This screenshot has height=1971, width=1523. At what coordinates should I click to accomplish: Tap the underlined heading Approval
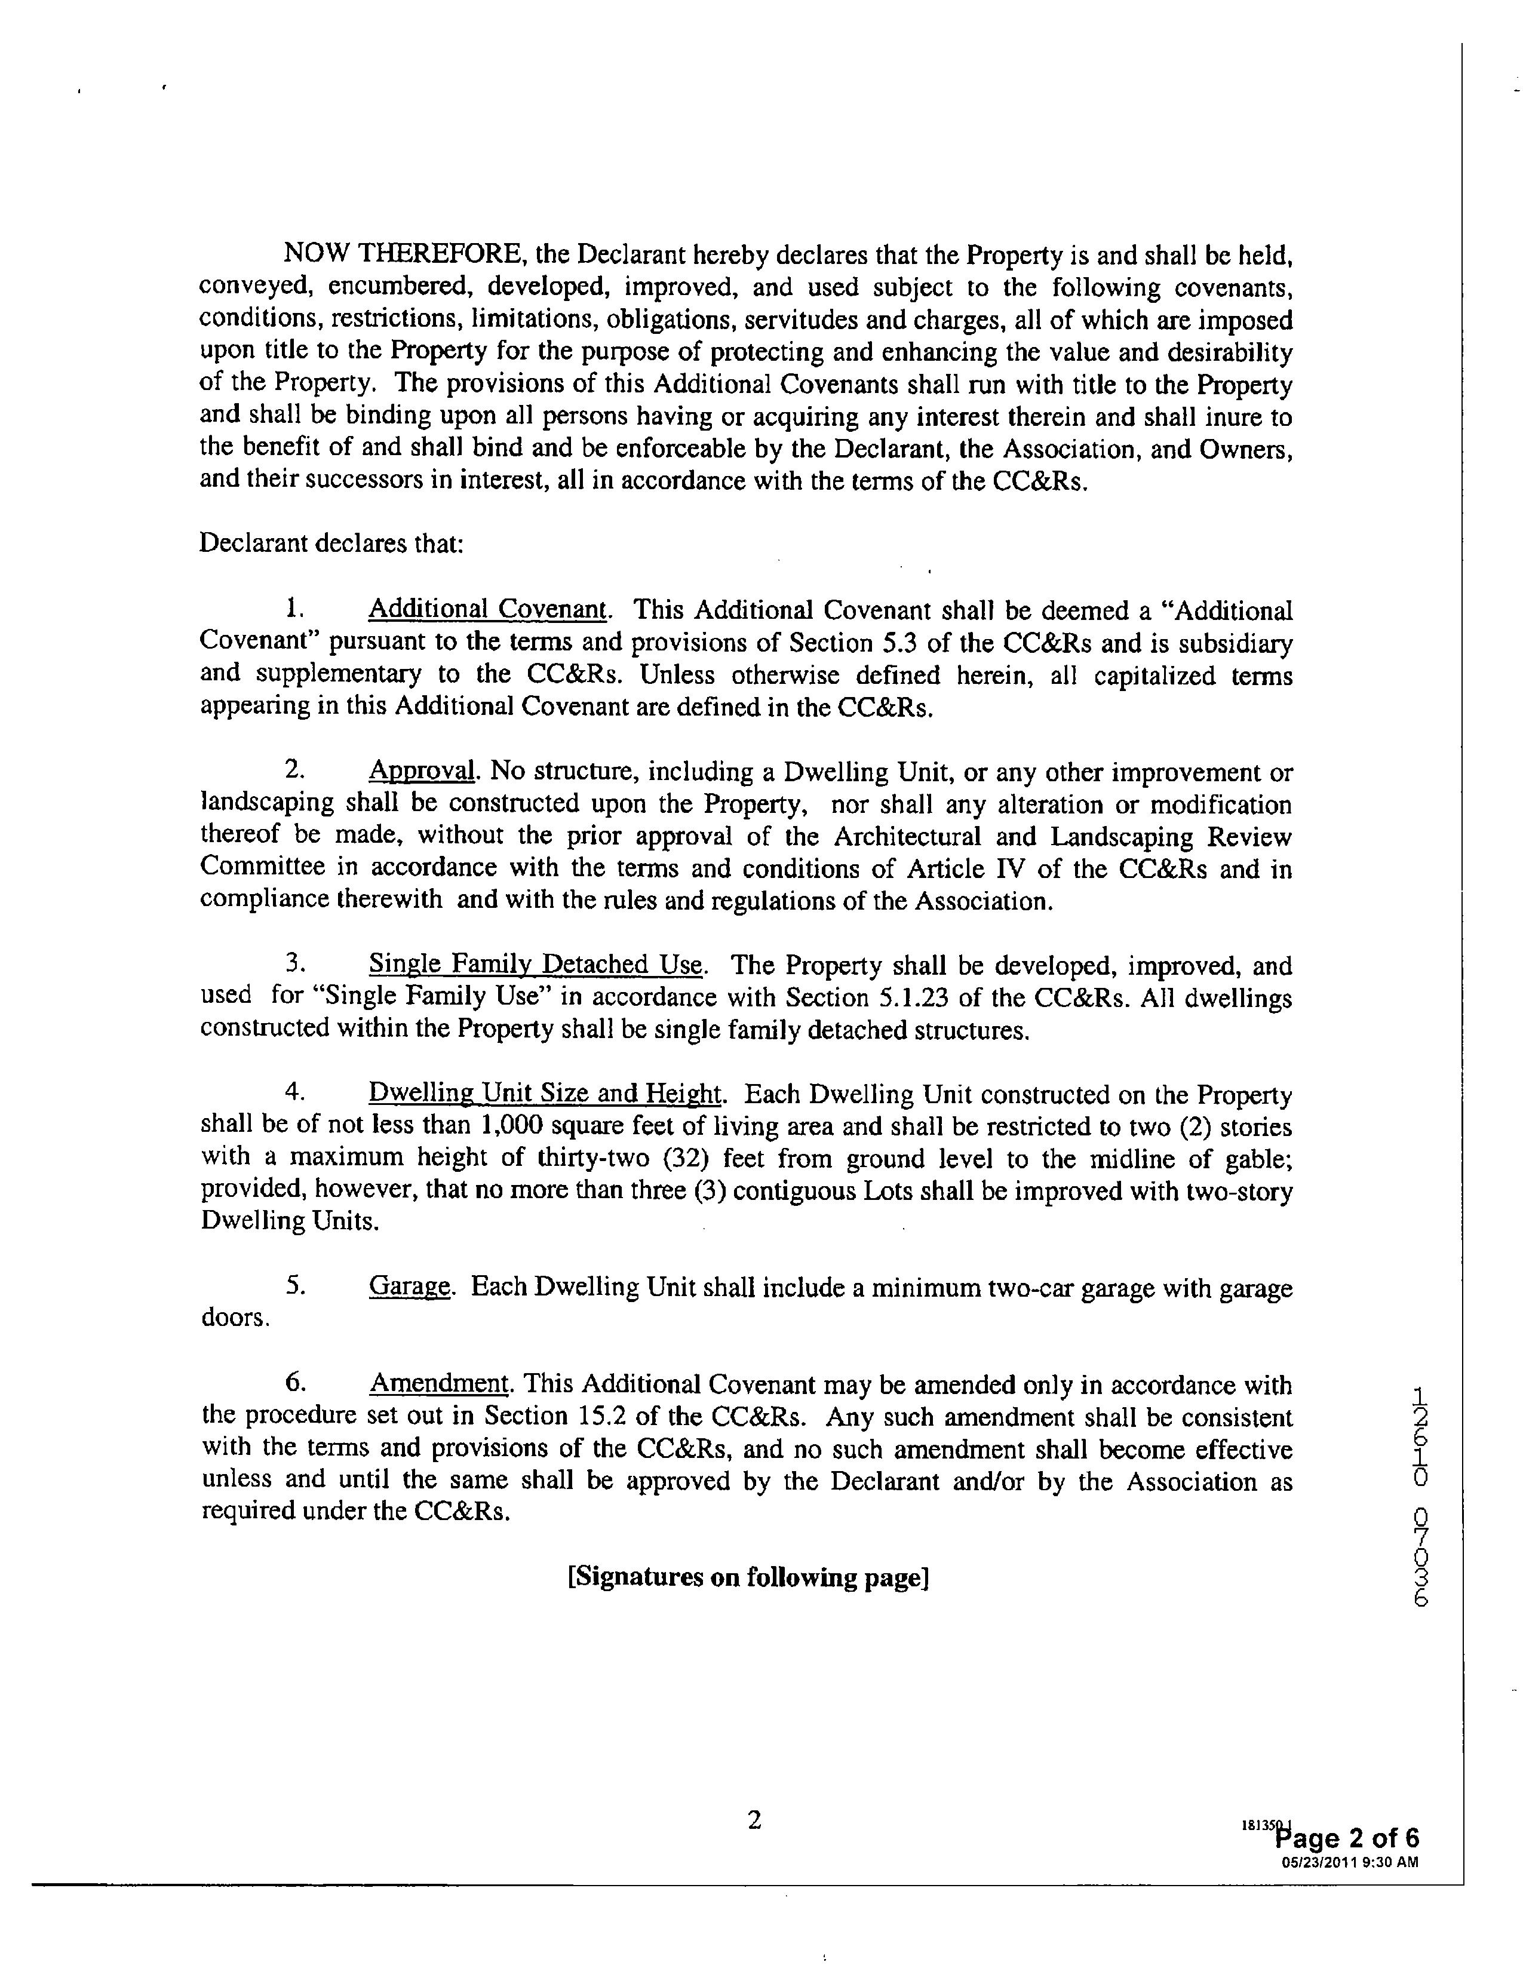421,772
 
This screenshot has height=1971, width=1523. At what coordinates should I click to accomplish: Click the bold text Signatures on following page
748,1577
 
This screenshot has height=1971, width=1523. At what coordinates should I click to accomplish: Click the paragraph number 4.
294,1094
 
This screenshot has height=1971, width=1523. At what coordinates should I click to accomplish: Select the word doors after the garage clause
233,1319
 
